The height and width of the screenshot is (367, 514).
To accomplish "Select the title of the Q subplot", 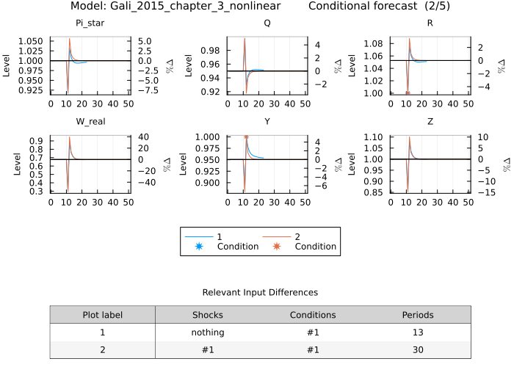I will coord(267,23).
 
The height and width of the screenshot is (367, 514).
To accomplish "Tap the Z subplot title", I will coord(430,123).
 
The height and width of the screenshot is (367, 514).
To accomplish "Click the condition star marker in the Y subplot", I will coord(246,137).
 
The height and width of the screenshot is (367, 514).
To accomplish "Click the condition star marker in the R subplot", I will coord(408,93).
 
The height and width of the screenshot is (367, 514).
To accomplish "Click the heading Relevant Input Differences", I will coord(260,292).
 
